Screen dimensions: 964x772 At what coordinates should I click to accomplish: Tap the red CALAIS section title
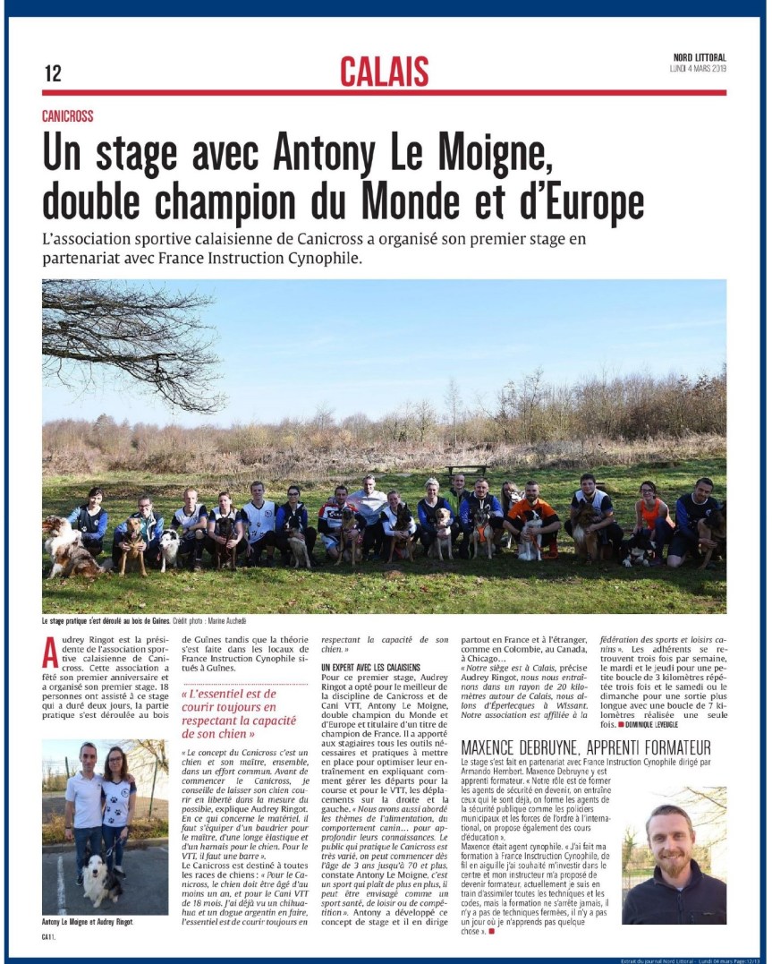384,72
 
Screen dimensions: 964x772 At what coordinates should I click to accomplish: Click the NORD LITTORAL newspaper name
700,58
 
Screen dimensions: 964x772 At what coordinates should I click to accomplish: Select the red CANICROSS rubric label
67,116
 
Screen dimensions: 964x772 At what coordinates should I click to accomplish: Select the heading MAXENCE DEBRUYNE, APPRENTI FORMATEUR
585,747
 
